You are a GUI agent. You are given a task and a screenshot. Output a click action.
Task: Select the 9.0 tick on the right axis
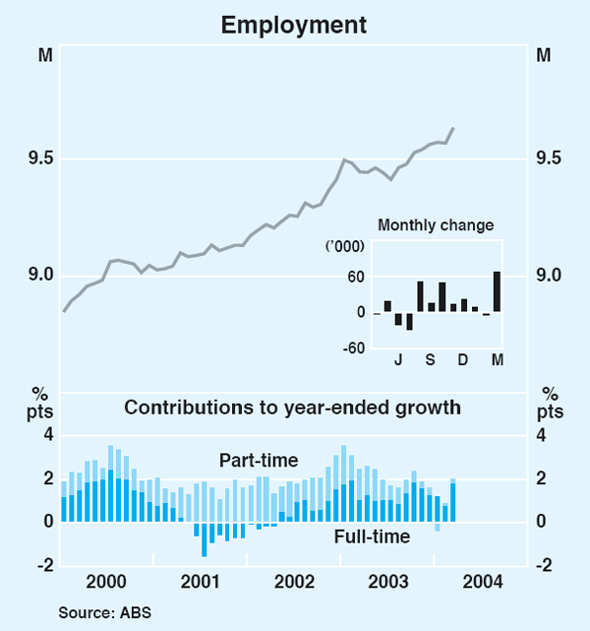(x=549, y=276)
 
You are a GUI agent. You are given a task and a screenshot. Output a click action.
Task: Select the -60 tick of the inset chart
(x=353, y=347)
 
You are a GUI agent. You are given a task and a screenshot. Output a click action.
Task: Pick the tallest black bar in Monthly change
(x=497, y=291)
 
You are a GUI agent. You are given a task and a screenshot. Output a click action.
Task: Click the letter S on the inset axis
(x=430, y=360)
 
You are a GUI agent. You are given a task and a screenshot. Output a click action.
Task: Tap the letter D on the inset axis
(x=463, y=360)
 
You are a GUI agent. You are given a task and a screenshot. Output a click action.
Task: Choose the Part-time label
(x=258, y=461)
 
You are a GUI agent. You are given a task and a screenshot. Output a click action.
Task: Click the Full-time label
(x=372, y=536)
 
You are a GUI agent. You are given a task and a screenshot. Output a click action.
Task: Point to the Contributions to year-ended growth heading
(x=292, y=407)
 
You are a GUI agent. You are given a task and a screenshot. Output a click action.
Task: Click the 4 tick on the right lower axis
(x=541, y=436)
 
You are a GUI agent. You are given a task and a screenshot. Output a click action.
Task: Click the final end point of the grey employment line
(x=452, y=128)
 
